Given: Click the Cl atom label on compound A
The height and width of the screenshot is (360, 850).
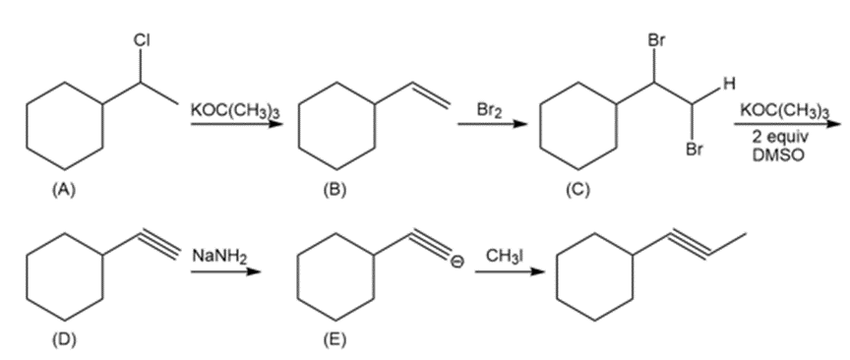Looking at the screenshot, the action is point(142,40).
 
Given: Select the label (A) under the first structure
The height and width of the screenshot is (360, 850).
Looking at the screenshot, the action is point(65,189).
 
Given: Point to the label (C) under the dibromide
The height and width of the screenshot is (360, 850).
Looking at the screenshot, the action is point(577,189).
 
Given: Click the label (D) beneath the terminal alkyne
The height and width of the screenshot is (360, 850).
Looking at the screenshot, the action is point(65,340).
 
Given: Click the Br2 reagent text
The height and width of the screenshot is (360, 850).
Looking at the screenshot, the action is point(490,110).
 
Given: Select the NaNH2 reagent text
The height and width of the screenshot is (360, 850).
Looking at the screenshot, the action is point(219,256).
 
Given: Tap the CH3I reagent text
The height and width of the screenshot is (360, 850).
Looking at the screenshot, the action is point(505,256).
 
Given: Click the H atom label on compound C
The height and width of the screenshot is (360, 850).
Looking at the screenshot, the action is point(730,84).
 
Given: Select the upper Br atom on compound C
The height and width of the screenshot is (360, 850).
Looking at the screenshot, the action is point(655,40).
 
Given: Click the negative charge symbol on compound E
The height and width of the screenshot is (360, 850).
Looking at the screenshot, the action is point(457,261).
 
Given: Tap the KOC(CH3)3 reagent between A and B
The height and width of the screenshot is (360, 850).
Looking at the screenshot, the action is point(235,110).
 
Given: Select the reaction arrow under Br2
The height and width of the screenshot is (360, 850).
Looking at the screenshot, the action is point(492,124).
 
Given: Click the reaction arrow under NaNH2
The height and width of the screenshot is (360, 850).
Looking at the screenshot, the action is point(225,271).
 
